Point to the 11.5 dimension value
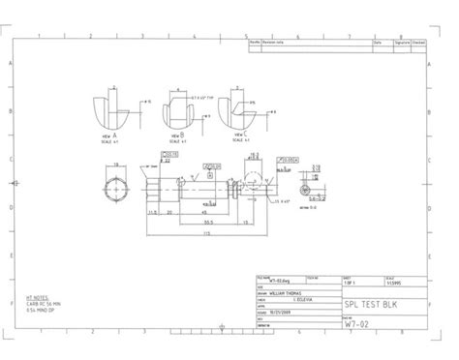(x=152, y=209)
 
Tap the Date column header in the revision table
(x=379, y=43)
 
